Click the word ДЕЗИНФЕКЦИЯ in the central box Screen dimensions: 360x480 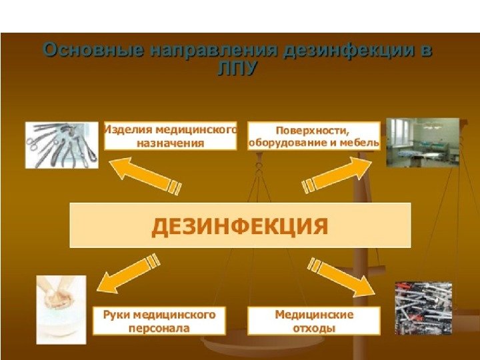click(240, 226)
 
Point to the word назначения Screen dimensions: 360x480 click(169, 143)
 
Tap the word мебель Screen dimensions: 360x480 click(361, 143)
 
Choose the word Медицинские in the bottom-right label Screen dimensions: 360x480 click(314, 314)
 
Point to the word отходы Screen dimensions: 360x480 click(314, 328)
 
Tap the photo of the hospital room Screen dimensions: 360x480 click(422, 141)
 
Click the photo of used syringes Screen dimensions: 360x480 click(423, 307)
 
